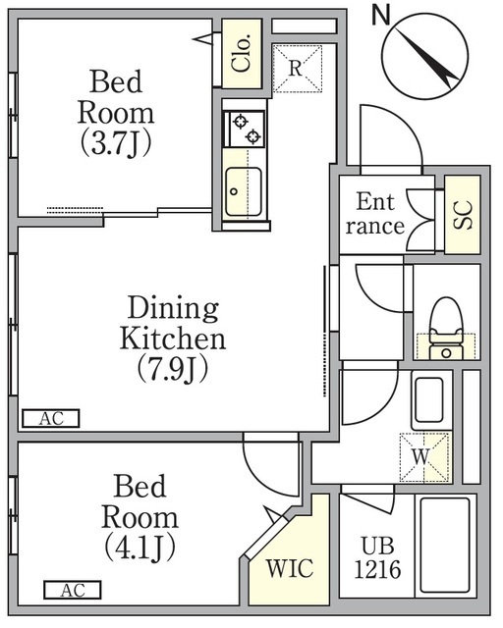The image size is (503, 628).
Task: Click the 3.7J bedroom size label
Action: click(116, 143)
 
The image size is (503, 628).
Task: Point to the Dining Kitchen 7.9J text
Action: click(173, 339)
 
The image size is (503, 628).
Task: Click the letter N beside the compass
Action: click(380, 16)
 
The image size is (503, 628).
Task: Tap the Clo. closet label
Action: click(242, 53)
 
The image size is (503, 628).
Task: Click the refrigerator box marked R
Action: click(298, 69)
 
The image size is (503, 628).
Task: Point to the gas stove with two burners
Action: click(244, 129)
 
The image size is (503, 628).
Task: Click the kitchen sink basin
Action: click(244, 192)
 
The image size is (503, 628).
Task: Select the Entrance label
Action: click(375, 214)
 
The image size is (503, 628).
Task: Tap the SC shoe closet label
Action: click(463, 215)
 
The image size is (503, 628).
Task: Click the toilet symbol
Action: click(446, 328)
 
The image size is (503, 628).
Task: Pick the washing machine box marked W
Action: click(424, 457)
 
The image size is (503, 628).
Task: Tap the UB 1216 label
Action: click(377, 558)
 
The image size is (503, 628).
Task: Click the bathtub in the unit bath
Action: click(445, 546)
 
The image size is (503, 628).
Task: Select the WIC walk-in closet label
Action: click(290, 568)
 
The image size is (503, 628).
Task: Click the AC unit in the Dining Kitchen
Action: click(51, 419)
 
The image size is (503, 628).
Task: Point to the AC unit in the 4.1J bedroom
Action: click(73, 590)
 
